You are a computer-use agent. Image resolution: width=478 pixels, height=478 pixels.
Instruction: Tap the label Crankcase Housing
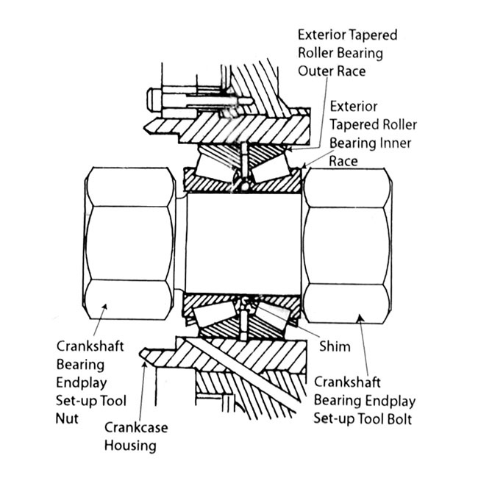136,435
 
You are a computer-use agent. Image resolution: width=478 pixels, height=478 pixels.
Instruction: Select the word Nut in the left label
68,419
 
